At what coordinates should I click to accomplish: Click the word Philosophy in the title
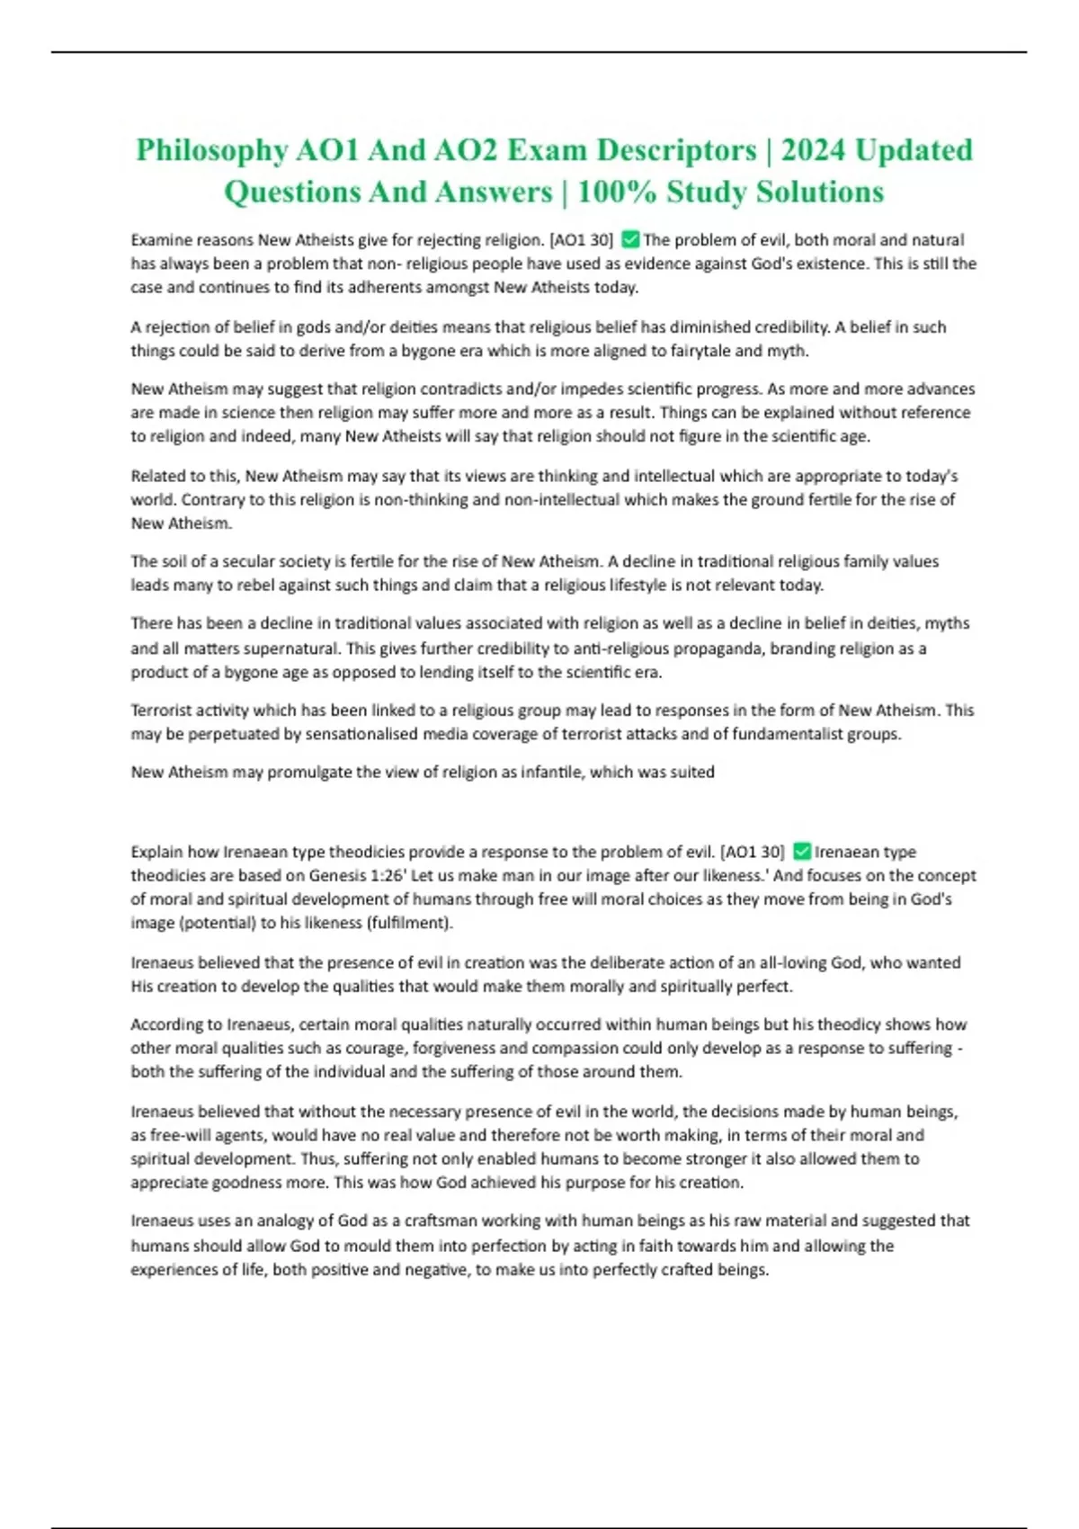pos(211,149)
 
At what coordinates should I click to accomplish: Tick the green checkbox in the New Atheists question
pos(629,239)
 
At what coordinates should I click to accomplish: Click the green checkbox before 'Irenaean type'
pos(802,851)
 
